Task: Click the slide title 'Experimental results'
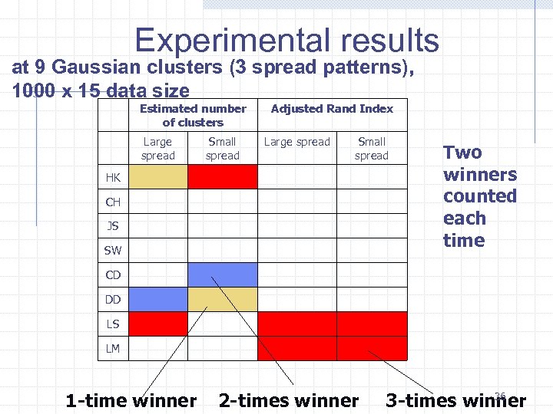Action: [286, 40]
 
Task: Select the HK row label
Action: [113, 178]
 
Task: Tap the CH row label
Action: [113, 202]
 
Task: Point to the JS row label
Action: [112, 226]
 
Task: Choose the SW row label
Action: [113, 250]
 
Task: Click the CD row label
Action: [113, 275]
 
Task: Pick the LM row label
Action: [113, 349]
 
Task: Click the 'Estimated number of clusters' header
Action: [193, 115]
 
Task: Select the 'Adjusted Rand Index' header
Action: [332, 109]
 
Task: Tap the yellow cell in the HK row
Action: [157, 178]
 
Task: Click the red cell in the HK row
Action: [223, 178]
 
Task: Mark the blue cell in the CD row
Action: [223, 275]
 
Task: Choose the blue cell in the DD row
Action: [157, 299]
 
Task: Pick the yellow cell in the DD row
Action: [223, 299]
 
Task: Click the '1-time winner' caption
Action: [131, 400]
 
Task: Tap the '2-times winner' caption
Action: [288, 400]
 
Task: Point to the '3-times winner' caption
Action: [455, 400]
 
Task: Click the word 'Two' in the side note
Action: [462, 152]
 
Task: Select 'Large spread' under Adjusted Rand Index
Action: [296, 142]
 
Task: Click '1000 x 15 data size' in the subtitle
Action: [101, 91]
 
